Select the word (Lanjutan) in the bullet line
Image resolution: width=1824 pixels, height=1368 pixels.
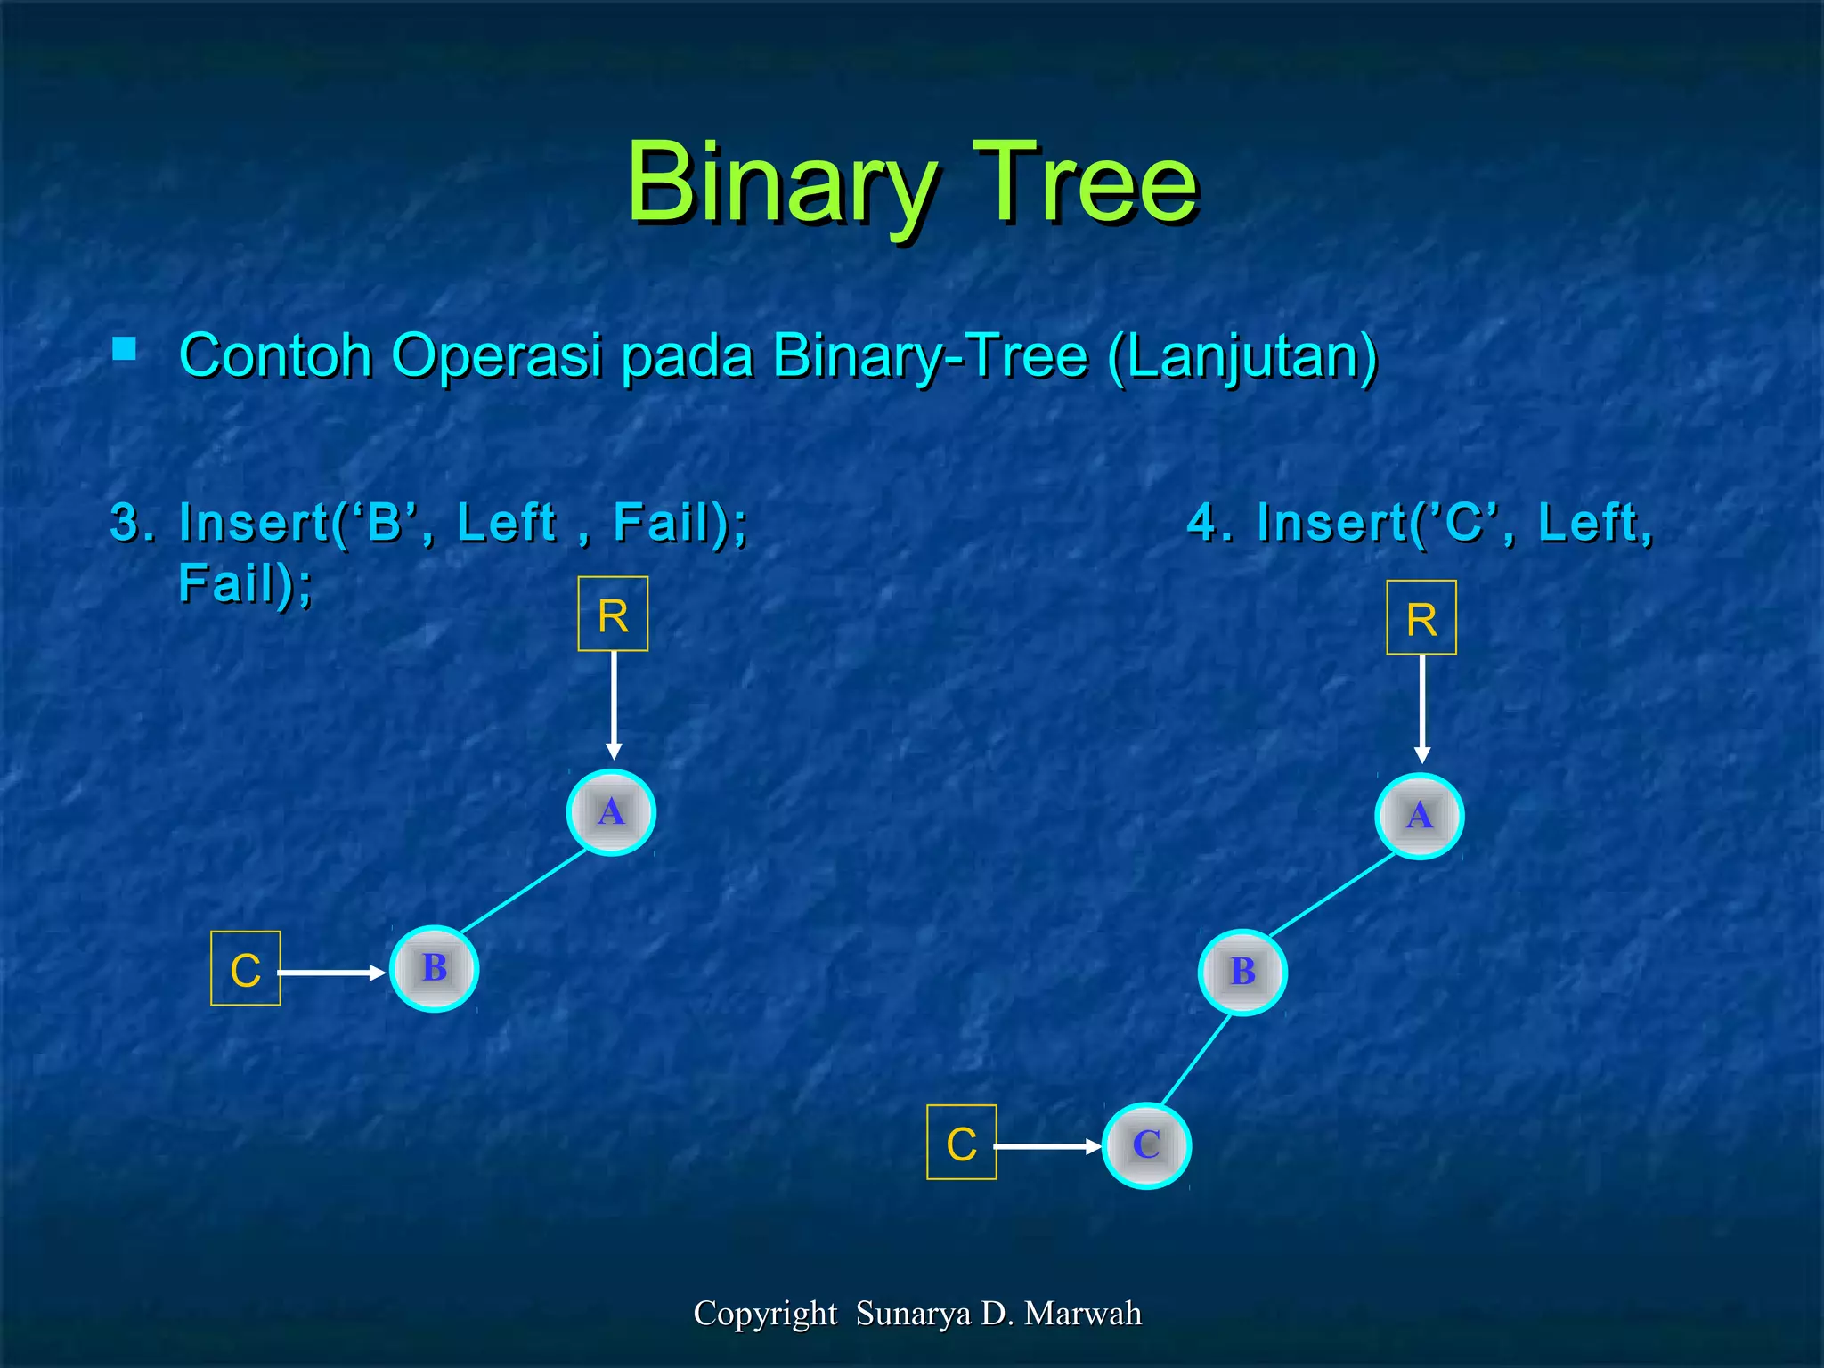pyautogui.click(x=1243, y=356)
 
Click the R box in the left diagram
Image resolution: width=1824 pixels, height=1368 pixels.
pyautogui.click(x=613, y=615)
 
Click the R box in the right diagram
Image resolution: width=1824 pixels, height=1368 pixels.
pyautogui.click(x=1421, y=618)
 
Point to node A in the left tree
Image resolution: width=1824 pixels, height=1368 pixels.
pyautogui.click(x=611, y=812)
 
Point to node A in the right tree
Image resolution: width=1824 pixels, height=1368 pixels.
pyautogui.click(x=1420, y=816)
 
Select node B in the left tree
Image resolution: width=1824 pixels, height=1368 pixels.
pyautogui.click(x=435, y=969)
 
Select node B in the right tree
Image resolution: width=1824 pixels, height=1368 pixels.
pyautogui.click(x=1242, y=972)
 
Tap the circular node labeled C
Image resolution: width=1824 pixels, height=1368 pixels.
pyautogui.click(x=1146, y=1145)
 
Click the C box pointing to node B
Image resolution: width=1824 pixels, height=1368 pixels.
pyautogui.click(x=246, y=969)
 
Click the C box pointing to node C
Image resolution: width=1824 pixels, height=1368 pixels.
pyautogui.click(x=962, y=1143)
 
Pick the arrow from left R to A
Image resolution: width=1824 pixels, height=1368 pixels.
pyautogui.click(x=614, y=704)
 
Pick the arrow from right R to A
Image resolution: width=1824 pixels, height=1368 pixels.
pyautogui.click(x=1422, y=708)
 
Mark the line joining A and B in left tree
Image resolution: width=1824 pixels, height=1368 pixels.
pyautogui.click(x=524, y=891)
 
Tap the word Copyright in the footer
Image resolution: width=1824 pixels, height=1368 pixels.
pyautogui.click(x=765, y=1314)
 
